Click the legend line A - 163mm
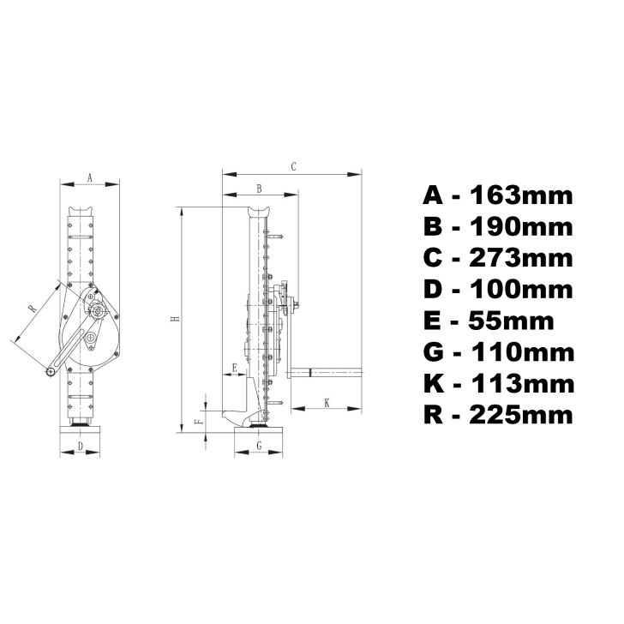click(497, 195)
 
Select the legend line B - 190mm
click(497, 227)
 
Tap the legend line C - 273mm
click(497, 258)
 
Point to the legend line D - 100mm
click(497, 289)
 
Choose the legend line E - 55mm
click(489, 321)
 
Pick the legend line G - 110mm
click(497, 351)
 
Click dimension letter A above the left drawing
click(90, 177)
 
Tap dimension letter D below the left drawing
click(80, 446)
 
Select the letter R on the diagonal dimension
click(32, 308)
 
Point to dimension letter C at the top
click(293, 167)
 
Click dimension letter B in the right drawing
click(260, 188)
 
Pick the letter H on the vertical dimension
click(175, 319)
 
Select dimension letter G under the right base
click(258, 446)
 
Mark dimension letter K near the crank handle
click(327, 401)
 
